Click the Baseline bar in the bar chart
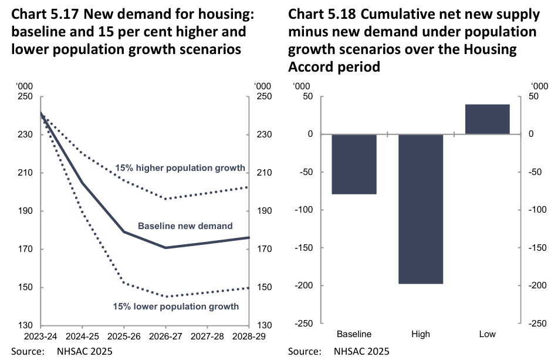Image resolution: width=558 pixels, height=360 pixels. coord(354,164)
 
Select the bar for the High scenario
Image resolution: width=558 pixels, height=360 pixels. coord(421,208)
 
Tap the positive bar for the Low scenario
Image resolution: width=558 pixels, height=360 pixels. coord(487,119)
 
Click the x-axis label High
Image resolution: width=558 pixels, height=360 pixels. coord(421,334)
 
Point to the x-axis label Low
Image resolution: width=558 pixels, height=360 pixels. coord(487,334)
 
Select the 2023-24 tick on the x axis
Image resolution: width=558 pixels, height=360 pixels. coord(40,336)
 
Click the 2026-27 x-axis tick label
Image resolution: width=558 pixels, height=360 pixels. coord(165,336)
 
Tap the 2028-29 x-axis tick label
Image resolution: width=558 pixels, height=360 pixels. coord(249,336)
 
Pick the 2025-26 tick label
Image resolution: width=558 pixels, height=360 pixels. coord(124,336)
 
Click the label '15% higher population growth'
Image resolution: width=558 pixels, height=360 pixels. coord(180,168)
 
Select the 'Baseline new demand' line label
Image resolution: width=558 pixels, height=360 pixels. coord(185,226)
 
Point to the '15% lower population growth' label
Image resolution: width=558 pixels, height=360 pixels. coord(176,306)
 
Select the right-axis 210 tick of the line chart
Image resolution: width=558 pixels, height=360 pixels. coord(261,173)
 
